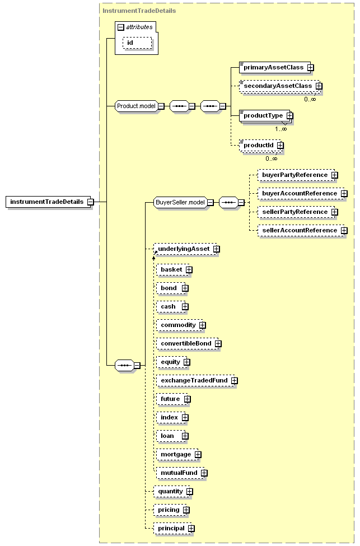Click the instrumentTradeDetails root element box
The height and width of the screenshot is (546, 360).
[48, 202]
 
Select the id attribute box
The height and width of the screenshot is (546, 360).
[137, 43]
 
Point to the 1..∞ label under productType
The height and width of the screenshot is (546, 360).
[280, 129]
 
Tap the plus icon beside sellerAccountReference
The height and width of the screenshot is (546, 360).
[344, 231]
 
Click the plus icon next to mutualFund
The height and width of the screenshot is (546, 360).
[204, 473]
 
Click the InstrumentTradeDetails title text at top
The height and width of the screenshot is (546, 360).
[139, 11]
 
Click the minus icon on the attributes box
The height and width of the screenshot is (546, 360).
[121, 27]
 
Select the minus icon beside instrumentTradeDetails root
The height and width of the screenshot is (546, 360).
[90, 202]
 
